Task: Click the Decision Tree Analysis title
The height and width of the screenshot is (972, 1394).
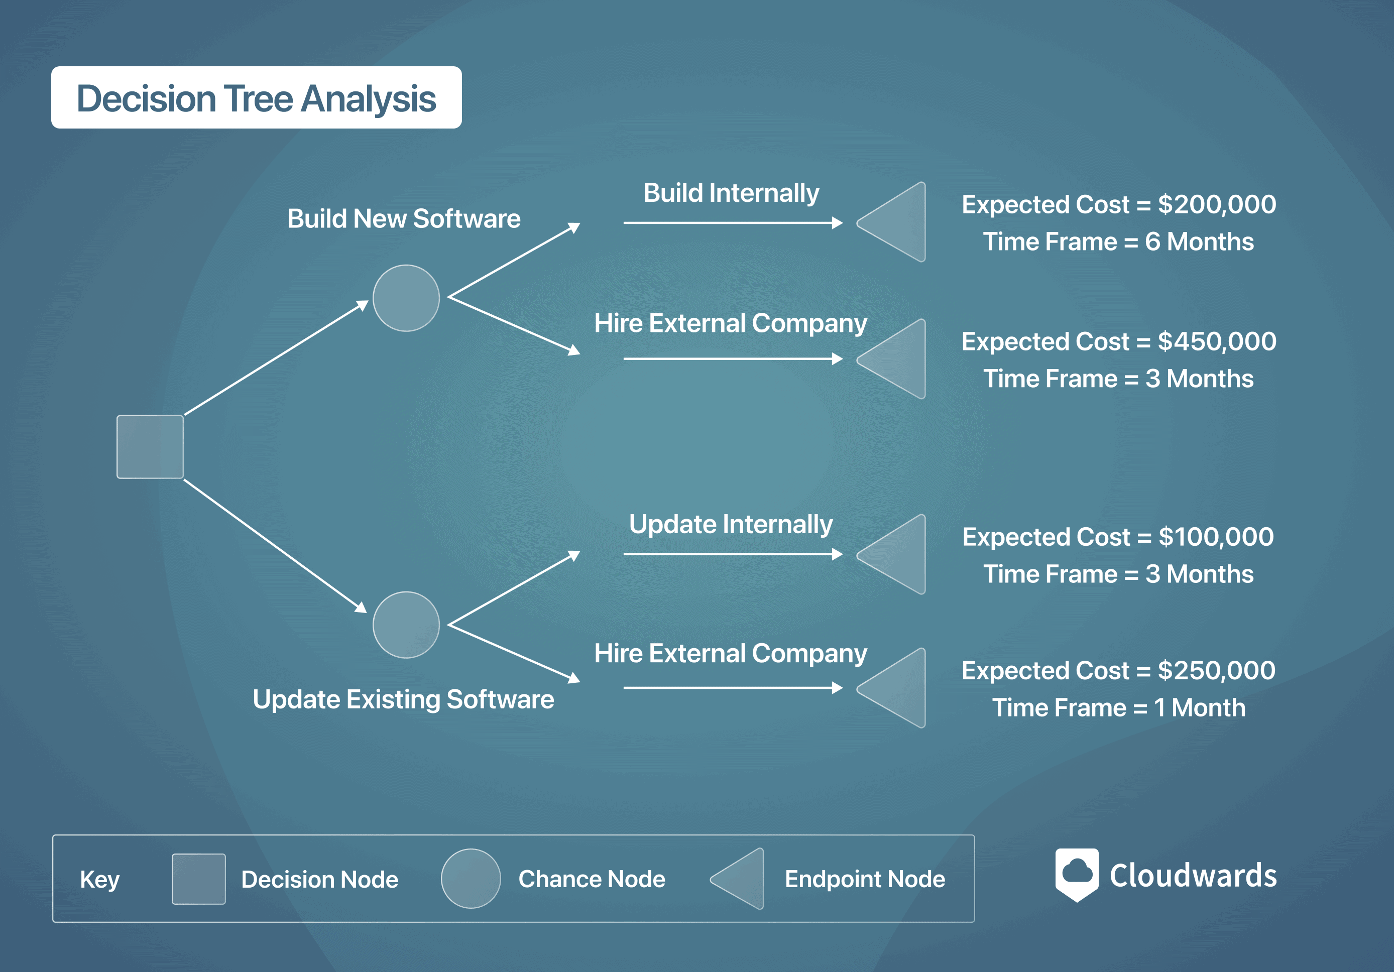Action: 256,98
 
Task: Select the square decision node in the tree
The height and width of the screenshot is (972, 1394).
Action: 150,447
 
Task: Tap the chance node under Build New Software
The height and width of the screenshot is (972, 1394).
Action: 406,298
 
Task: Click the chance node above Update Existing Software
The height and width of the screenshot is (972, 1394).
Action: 406,625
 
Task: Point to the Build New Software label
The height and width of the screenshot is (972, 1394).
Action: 404,218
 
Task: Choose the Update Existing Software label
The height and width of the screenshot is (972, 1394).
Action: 403,699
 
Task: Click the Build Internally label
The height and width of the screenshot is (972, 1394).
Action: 731,194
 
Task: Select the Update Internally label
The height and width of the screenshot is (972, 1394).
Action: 731,525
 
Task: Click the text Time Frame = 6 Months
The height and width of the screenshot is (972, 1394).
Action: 1118,241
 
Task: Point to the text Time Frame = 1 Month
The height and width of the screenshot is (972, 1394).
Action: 1118,708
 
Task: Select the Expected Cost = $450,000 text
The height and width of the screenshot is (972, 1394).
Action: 1119,341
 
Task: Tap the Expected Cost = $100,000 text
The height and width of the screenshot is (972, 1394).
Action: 1118,537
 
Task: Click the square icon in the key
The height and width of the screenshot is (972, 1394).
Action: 198,879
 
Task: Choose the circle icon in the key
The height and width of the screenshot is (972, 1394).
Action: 471,879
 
